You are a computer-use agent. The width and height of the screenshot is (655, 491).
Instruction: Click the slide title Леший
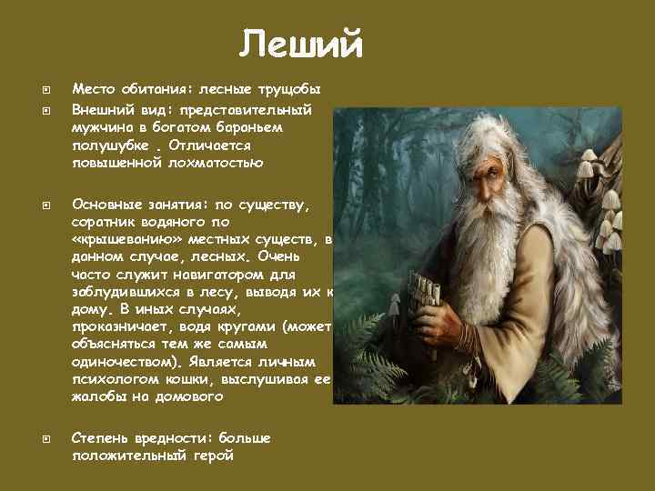click(x=302, y=44)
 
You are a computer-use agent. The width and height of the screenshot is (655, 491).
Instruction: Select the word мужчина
click(x=101, y=127)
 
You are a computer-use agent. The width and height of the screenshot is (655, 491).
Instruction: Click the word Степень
click(x=100, y=438)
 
